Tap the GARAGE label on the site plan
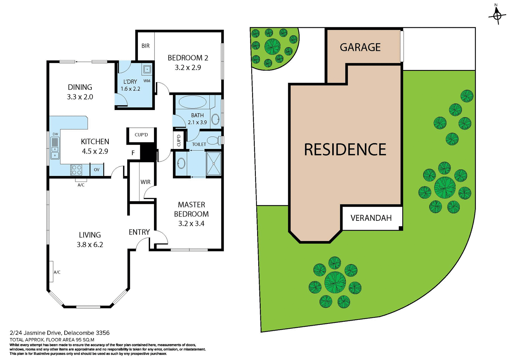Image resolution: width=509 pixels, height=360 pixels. (x=360, y=47)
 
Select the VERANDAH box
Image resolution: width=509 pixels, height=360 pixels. (x=371, y=218)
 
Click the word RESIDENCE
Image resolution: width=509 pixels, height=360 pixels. (x=345, y=150)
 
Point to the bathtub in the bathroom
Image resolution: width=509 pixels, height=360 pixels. (x=192, y=102)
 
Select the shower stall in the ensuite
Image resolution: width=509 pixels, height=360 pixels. (x=213, y=164)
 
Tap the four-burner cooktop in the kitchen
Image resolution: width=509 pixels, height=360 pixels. (x=77, y=170)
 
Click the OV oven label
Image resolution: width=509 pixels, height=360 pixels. (x=96, y=170)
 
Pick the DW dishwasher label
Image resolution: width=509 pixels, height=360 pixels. (x=55, y=134)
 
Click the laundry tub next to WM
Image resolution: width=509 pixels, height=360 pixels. (x=147, y=69)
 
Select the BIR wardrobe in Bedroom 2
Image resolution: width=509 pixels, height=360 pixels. (x=145, y=46)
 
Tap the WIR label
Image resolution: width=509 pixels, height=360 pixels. (x=145, y=182)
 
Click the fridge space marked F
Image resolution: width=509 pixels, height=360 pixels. (x=133, y=153)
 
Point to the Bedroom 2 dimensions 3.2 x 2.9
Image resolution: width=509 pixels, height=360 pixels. (x=188, y=68)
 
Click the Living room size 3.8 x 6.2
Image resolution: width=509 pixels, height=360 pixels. (x=90, y=245)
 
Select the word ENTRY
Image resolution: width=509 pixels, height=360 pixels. (x=139, y=232)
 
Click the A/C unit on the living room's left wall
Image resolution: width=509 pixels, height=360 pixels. (x=51, y=272)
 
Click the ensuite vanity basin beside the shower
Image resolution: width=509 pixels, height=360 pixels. (x=181, y=163)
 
